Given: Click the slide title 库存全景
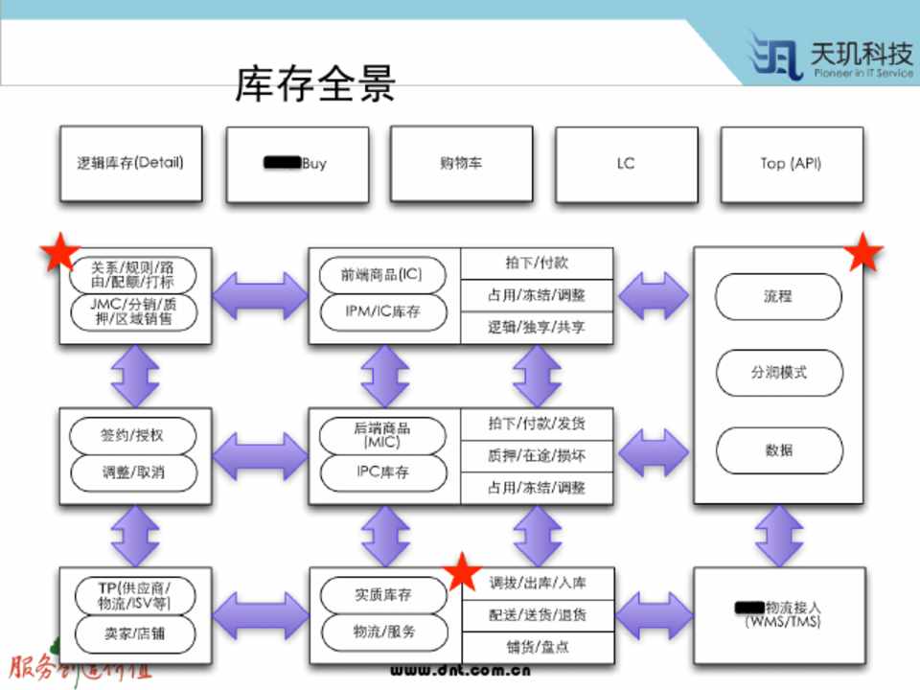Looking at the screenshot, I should pos(315,84).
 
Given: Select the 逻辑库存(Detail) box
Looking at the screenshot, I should pos(130,163).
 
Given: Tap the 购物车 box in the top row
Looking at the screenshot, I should pos(461,163).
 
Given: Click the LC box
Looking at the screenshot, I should pos(626,163).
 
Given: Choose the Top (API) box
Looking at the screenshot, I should pos(791,163).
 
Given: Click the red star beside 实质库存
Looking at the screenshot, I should pos(464,572).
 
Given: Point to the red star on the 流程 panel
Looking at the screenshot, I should pos(863,253).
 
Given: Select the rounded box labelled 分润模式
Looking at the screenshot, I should pos(778,373).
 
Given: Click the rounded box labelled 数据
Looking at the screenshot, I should pos(778,449).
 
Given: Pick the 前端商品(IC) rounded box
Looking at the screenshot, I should pos(381,276).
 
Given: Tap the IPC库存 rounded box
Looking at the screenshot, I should pos(381,472).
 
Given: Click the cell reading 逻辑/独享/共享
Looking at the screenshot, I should pos(537,327).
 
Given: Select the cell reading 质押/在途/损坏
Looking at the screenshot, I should pos(537,455).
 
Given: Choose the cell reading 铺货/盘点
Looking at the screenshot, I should pos(537,646).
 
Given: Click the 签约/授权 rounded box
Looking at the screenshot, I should pos(132,435).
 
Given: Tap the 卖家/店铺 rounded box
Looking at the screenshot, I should pos(132,632).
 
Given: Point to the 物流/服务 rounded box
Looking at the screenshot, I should pos(381,632).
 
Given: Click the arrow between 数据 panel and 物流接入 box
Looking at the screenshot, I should pos(778,535).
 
